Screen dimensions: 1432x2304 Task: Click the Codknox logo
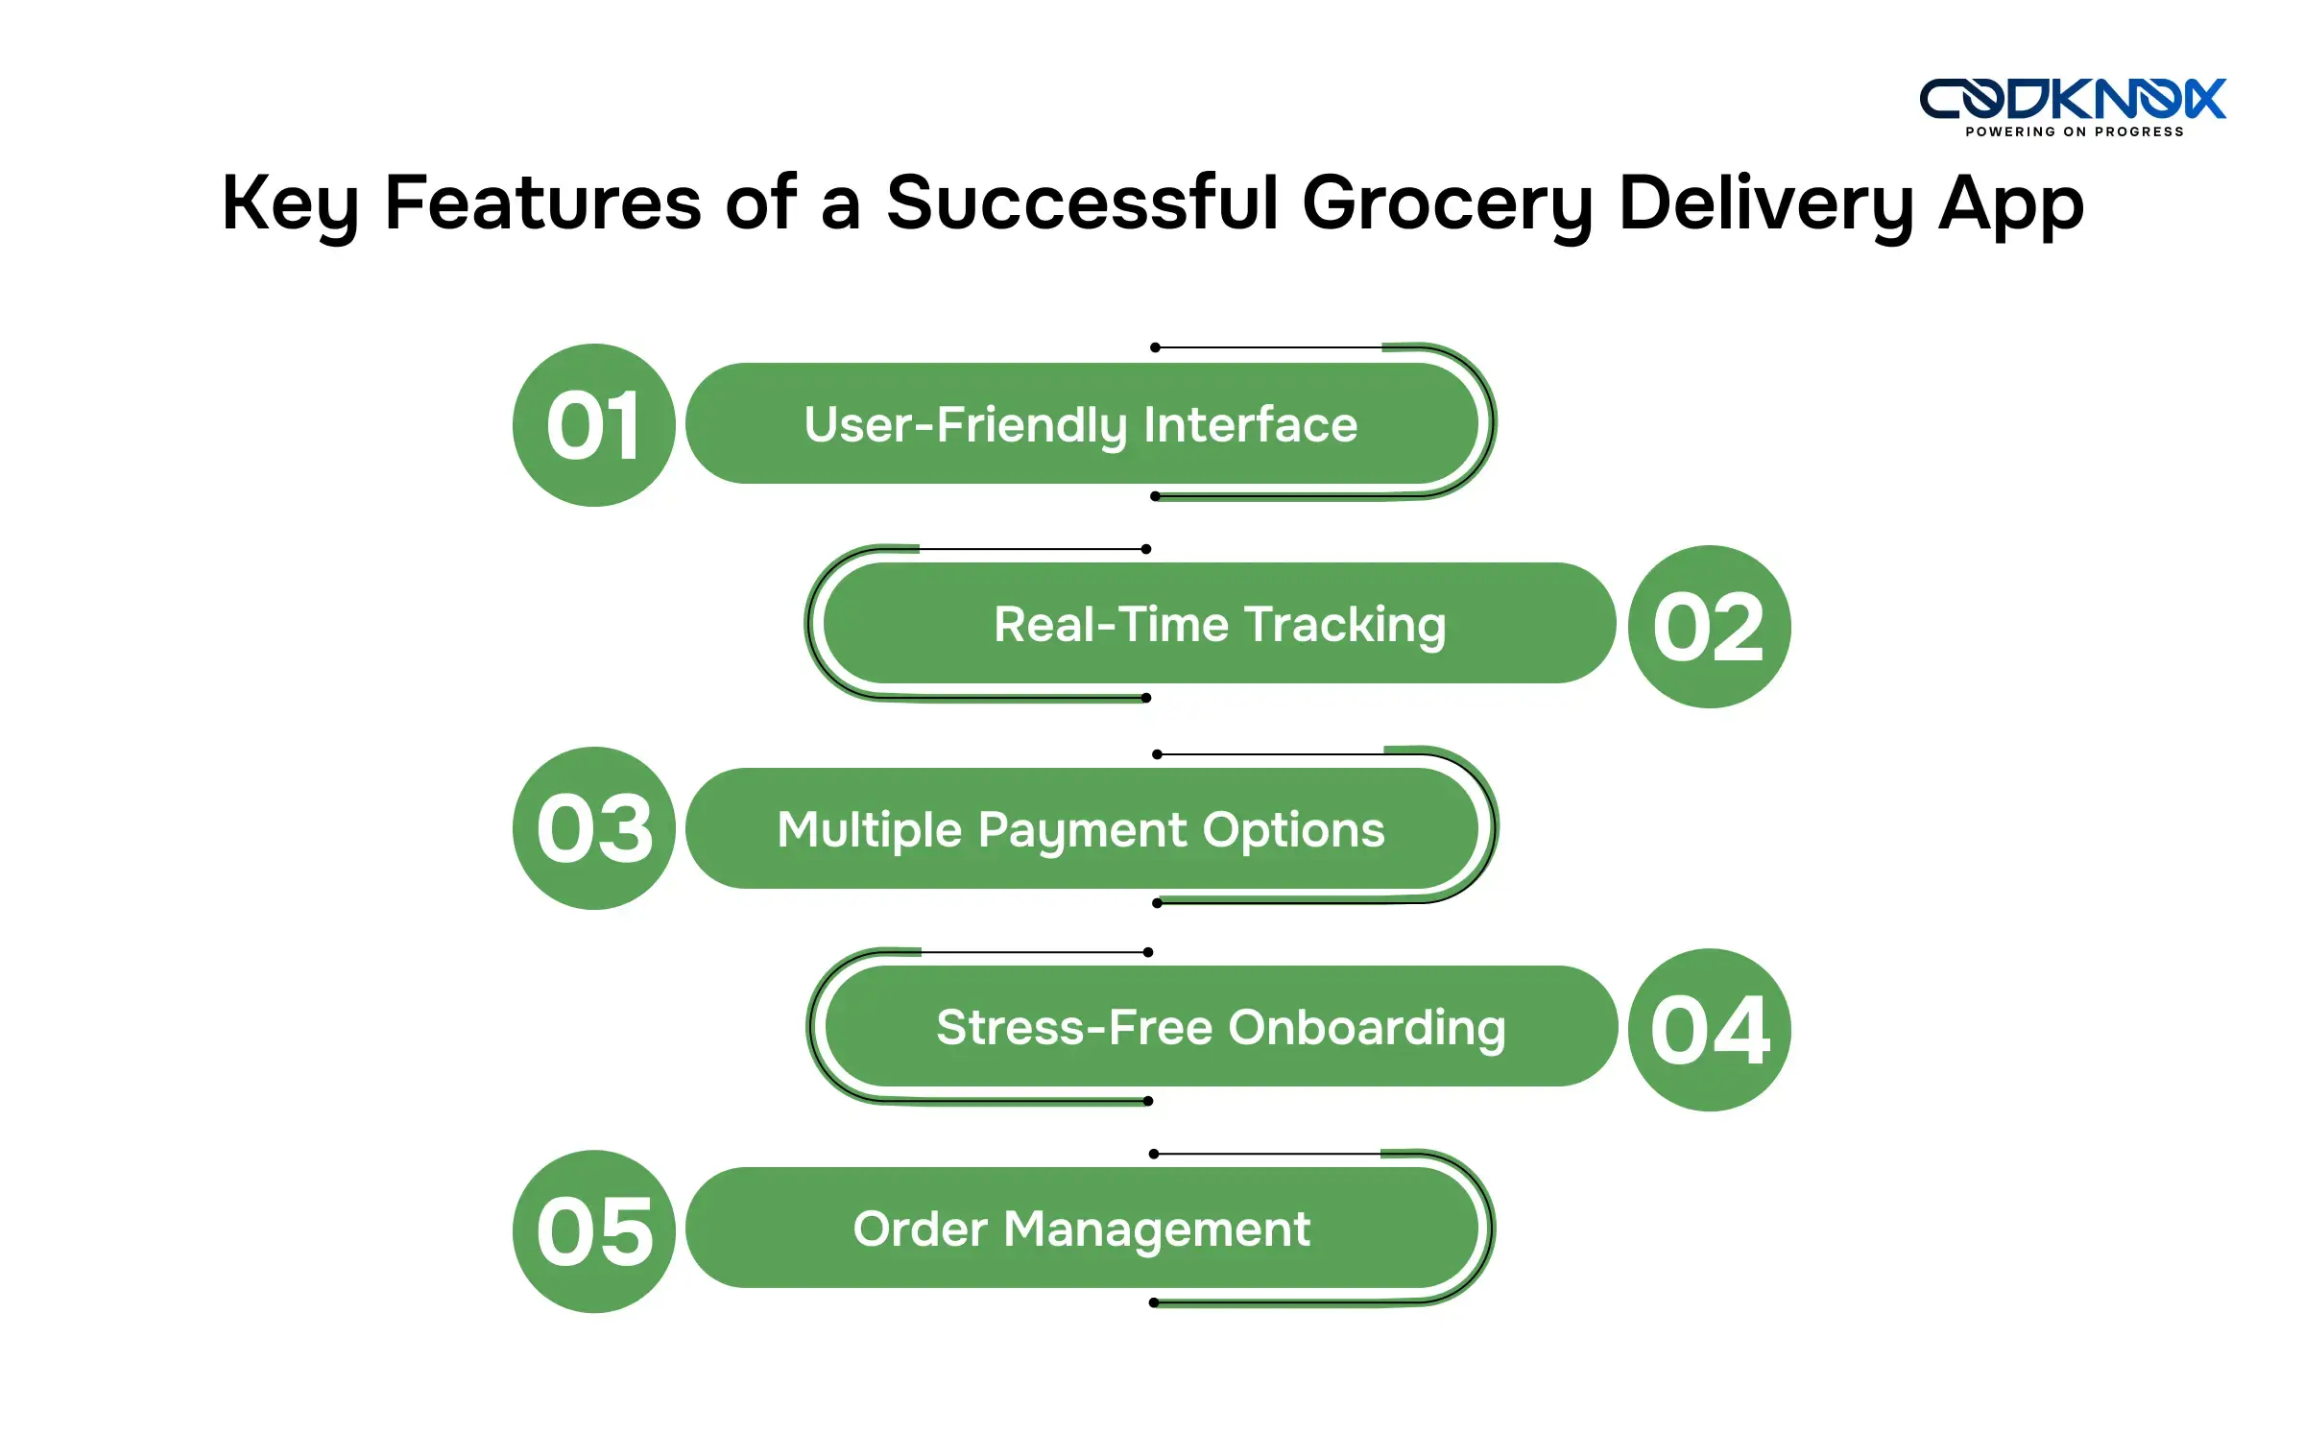2073,99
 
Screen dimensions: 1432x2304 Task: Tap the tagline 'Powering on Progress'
2075,131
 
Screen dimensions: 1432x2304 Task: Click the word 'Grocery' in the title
1448,204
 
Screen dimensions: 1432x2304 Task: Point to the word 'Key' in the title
290,204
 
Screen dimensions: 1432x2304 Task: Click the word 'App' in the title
2011,204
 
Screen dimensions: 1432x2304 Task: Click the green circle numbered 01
594,425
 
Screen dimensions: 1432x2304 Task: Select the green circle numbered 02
1709,627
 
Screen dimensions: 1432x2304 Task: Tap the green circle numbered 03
594,828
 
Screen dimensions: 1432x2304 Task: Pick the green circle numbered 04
1710,1030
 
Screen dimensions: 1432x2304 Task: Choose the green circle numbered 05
594,1231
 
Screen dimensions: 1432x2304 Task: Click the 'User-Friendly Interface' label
1081,425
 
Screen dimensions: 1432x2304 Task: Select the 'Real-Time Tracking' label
1219,625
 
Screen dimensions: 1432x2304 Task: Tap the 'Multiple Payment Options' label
1081,830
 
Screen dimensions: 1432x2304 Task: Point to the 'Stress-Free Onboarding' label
1221,1028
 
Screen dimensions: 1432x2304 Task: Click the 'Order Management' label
1081,1229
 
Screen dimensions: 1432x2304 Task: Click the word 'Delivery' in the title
1766,204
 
